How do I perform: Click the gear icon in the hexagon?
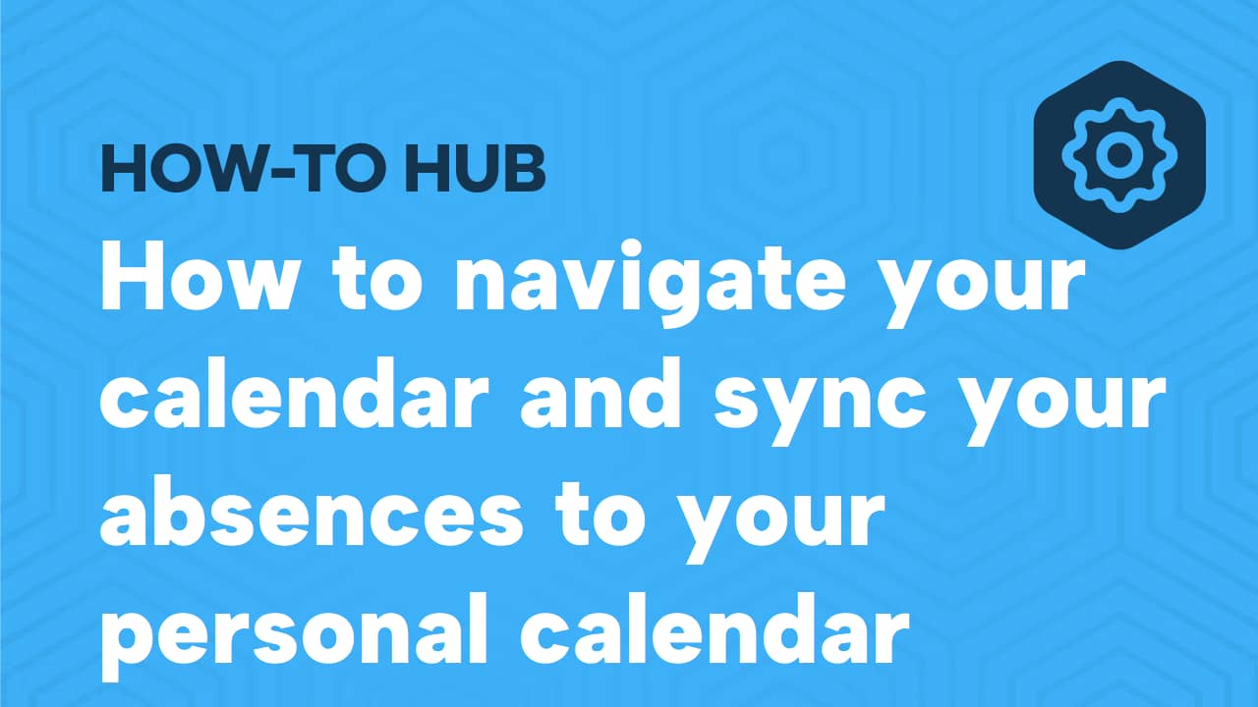coord(1119,154)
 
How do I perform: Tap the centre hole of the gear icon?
coord(1119,154)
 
